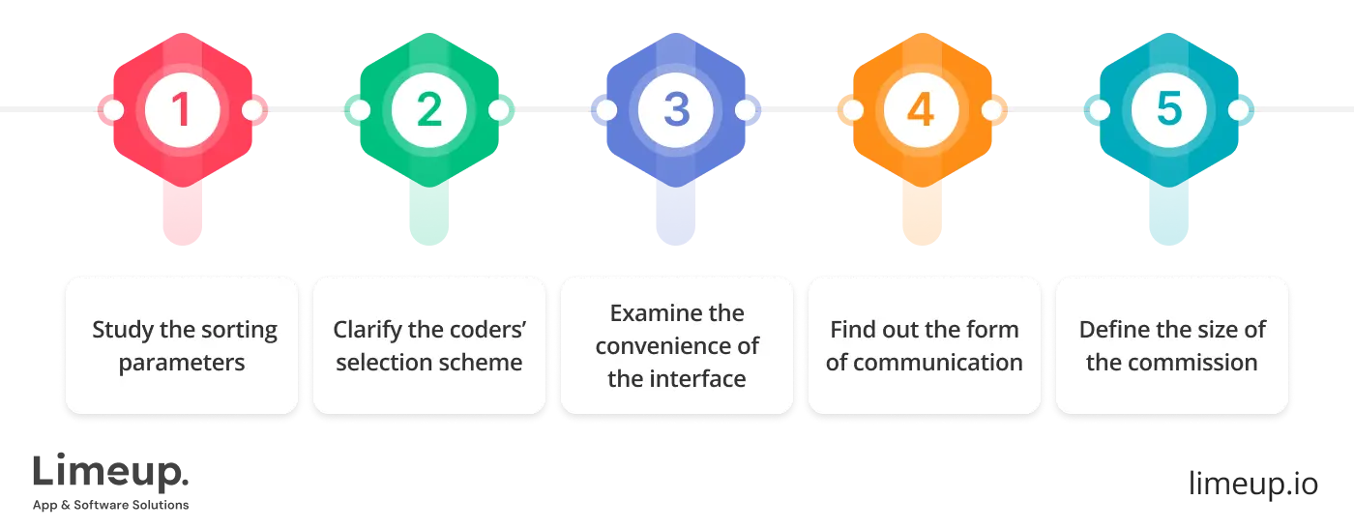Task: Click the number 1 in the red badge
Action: pos(182,110)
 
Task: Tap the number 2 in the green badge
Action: pos(429,110)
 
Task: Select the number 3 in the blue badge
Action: pos(676,110)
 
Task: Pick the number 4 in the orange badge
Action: pos(921,110)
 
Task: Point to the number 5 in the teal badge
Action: pos(1169,110)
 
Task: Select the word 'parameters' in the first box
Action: pos(182,363)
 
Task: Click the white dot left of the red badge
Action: pos(112,110)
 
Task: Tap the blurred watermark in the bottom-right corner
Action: pos(1252,481)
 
